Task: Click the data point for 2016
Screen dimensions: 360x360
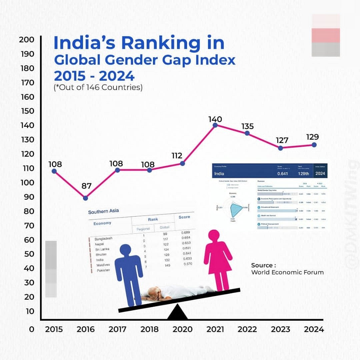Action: point(85,198)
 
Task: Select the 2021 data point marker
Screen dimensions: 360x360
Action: point(215,125)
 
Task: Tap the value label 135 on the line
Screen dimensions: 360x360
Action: point(248,126)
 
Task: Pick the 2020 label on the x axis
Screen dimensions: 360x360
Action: point(183,329)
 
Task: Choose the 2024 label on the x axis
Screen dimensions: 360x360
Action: point(314,329)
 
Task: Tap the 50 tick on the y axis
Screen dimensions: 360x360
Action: point(29,254)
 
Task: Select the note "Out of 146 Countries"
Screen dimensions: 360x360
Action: point(98,88)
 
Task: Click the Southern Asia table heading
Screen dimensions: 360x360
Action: point(103,211)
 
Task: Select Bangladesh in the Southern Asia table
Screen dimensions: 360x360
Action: point(104,239)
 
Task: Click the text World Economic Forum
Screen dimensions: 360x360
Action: point(287,272)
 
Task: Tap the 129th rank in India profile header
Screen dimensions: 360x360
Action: point(303,173)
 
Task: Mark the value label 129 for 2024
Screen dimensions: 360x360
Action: point(313,137)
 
